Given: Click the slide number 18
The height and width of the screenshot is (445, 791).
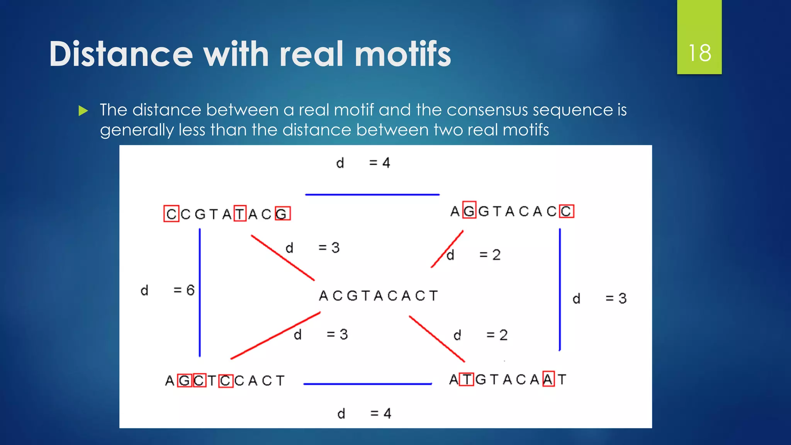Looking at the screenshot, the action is (x=699, y=53).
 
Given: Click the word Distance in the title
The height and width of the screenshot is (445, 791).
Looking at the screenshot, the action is (x=121, y=54).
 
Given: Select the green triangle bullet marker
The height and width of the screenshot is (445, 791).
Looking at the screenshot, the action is (x=83, y=111).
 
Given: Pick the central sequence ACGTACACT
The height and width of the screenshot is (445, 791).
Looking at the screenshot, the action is (x=378, y=296).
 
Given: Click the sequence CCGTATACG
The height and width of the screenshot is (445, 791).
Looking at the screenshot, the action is (x=227, y=214).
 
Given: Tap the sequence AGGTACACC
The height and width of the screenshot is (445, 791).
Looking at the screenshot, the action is (x=512, y=211).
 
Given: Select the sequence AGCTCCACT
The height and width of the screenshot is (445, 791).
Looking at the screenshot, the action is (x=225, y=381).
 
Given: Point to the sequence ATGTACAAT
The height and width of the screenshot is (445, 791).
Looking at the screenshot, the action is (x=508, y=379).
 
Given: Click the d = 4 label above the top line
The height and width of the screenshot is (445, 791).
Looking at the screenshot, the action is (x=363, y=163).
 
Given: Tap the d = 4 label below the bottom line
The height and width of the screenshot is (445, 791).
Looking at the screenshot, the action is (x=364, y=414).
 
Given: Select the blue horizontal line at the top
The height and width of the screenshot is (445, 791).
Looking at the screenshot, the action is (x=372, y=195).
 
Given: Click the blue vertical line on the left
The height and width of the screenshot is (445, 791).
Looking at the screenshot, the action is (x=200, y=292).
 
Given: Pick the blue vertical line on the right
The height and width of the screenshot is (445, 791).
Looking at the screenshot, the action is (x=560, y=290).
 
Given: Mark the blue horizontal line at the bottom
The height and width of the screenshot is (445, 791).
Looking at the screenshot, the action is (x=368, y=384).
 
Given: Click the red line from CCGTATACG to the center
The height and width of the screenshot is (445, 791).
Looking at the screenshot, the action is (x=283, y=258).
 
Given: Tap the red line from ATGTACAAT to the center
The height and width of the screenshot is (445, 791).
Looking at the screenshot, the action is (x=437, y=339).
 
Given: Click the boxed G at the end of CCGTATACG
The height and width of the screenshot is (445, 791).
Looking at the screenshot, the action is (x=282, y=214).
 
